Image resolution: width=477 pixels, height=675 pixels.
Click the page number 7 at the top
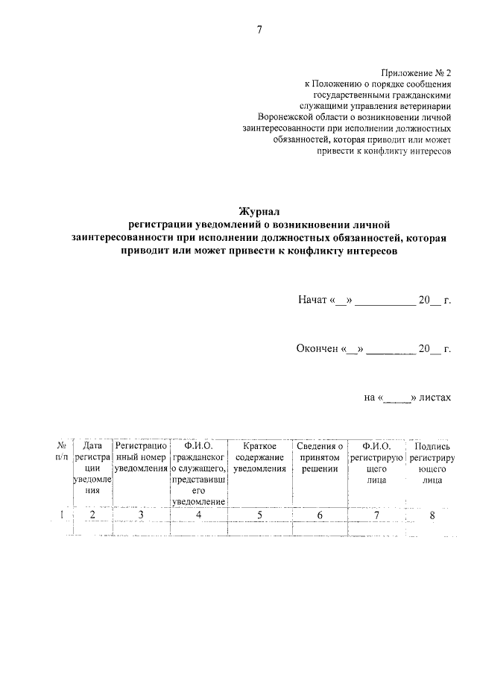(x=259, y=30)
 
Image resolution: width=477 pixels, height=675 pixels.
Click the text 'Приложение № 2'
(x=416, y=73)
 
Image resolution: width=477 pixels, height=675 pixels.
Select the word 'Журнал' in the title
(x=258, y=212)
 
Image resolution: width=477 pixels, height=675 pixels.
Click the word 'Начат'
(x=313, y=301)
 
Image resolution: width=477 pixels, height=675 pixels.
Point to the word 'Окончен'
(x=318, y=348)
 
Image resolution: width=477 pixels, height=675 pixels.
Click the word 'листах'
(x=435, y=398)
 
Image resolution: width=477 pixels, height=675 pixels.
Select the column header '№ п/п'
(x=61, y=450)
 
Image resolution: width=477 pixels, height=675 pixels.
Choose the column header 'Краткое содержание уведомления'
(x=259, y=456)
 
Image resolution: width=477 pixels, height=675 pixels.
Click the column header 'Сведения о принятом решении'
(x=320, y=456)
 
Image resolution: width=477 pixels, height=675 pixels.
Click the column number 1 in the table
(x=61, y=515)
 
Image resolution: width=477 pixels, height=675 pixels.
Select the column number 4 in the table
(x=198, y=515)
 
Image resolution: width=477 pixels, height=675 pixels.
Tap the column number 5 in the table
(x=259, y=515)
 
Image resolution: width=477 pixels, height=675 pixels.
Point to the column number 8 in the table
(x=432, y=515)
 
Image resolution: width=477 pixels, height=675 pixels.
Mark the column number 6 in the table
(x=320, y=515)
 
